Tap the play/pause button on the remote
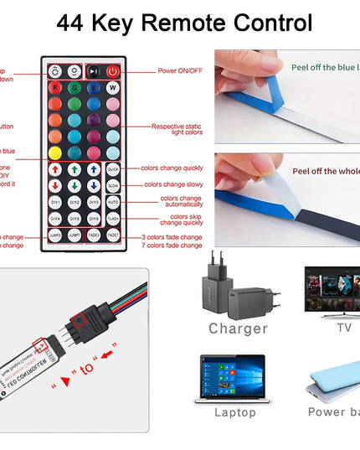(94, 71)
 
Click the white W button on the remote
(112, 87)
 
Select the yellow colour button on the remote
(55, 153)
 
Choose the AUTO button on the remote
(113, 202)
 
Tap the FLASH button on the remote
(113, 220)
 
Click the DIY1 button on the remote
(55, 202)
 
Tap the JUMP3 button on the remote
(55, 236)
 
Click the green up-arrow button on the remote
(75, 169)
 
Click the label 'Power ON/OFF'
(179, 70)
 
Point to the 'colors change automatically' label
(180, 202)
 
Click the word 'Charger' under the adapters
(238, 328)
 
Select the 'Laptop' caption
(234, 412)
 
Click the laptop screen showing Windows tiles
(233, 375)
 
